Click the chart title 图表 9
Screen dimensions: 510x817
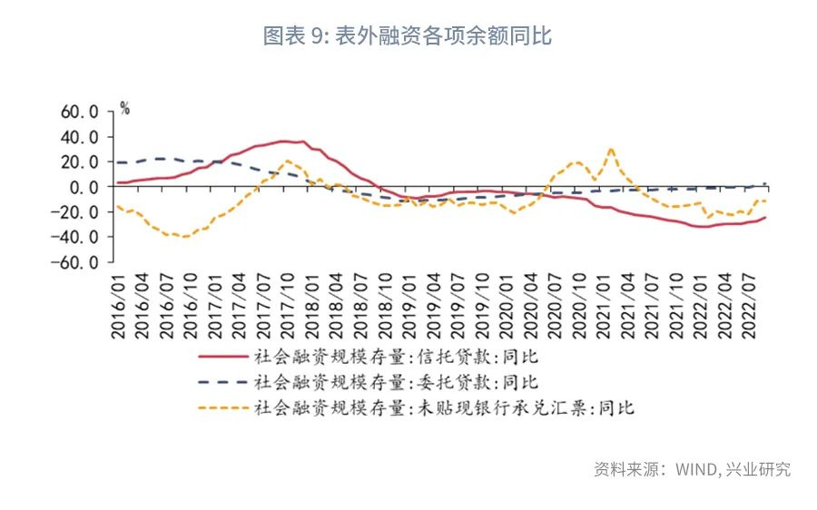(x=408, y=36)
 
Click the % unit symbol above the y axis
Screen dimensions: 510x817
(x=125, y=109)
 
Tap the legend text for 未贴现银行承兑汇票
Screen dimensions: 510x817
(x=445, y=407)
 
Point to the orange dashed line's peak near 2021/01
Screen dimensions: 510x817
(x=611, y=148)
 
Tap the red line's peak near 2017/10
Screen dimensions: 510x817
(x=285, y=141)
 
